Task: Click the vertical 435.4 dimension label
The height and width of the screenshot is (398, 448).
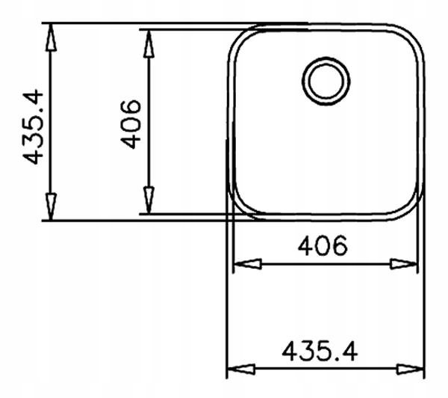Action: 33,127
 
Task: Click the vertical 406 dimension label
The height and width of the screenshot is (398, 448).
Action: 131,124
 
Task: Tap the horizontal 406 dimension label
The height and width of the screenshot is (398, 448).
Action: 323,245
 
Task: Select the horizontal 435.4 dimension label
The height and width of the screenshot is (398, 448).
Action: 320,351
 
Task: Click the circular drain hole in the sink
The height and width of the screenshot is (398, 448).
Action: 326,81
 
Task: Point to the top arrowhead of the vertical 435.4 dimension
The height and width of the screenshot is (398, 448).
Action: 51,37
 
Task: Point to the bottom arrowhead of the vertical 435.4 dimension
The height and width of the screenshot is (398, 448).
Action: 51,206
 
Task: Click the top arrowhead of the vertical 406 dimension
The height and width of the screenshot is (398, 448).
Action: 149,44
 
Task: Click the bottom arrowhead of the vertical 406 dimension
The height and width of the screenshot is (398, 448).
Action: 149,200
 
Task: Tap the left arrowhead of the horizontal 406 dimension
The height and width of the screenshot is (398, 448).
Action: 247,263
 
